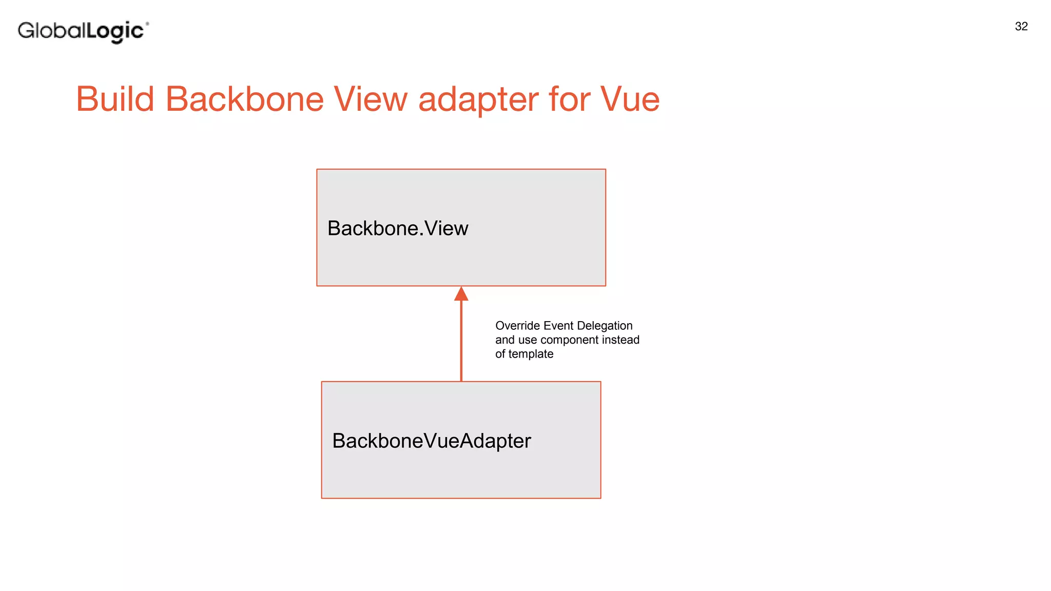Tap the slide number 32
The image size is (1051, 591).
tap(1021, 27)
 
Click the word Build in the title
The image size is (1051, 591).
tap(115, 99)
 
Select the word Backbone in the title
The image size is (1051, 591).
tap(244, 99)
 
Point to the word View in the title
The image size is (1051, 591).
tap(371, 99)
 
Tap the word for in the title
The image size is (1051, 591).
tap(569, 99)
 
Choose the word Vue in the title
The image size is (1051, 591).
tap(630, 99)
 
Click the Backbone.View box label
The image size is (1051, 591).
tap(398, 228)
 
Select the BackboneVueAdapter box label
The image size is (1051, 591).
tap(432, 441)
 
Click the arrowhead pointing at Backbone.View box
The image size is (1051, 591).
tap(461, 294)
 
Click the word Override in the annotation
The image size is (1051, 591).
tap(517, 326)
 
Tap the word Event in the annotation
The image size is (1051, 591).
tap(558, 326)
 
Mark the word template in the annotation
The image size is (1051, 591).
tap(531, 354)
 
